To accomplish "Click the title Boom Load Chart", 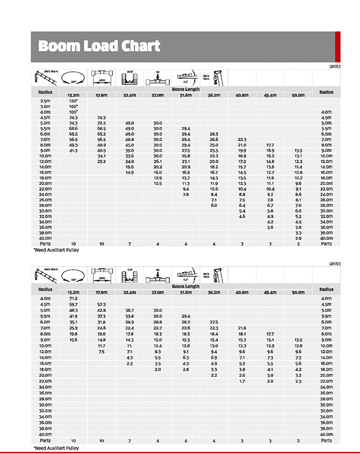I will [100, 46].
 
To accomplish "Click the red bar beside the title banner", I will [337, 47].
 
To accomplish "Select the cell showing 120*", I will [73, 101].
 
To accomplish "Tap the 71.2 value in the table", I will [73, 298].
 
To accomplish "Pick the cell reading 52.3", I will [102, 304].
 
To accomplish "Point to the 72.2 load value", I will [102, 123].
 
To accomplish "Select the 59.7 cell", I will [73, 304].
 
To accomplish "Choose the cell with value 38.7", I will [130, 310].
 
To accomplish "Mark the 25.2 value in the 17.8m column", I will [102, 161].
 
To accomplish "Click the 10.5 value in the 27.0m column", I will [157, 183].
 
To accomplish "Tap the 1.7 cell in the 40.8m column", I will [242, 381].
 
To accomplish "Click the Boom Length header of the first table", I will [186, 89].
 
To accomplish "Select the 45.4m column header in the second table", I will [270, 293].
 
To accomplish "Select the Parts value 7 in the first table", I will [130, 244].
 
